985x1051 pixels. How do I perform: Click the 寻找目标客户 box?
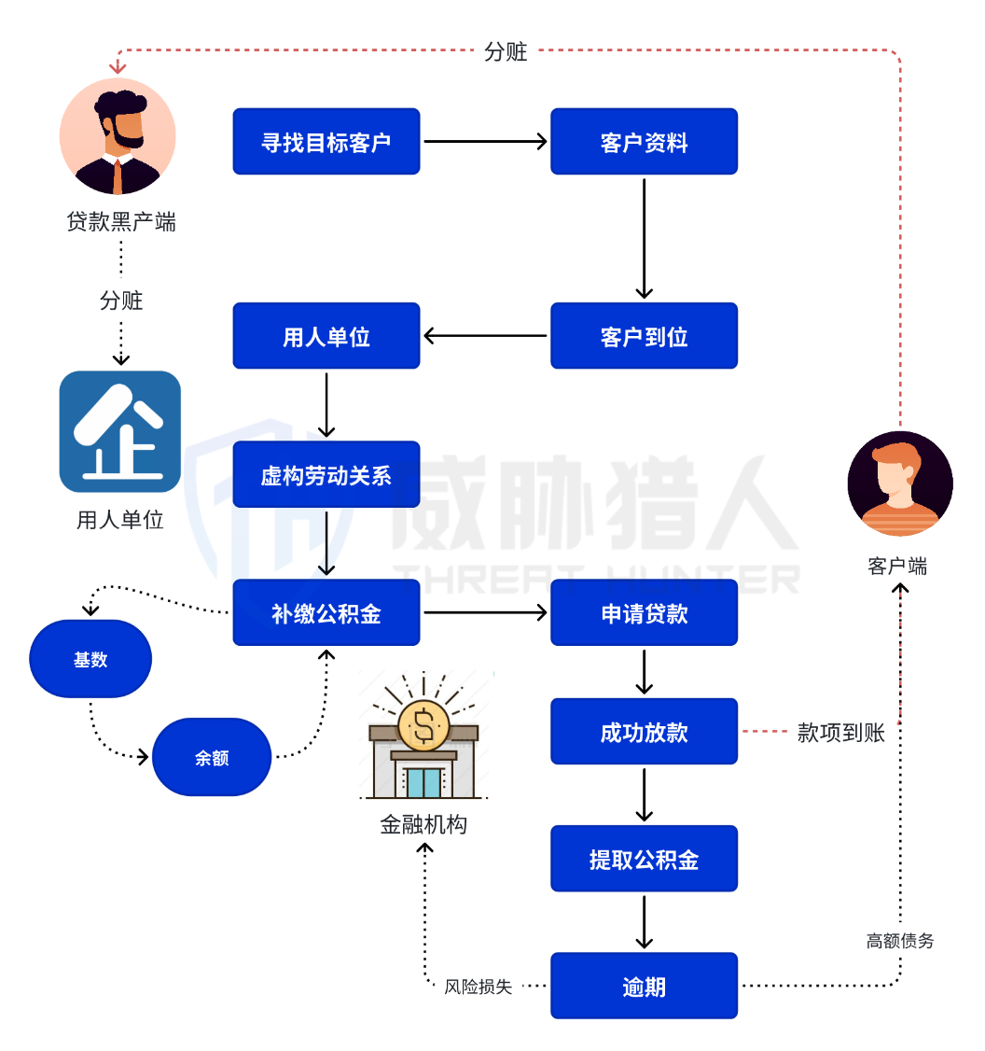click(x=326, y=142)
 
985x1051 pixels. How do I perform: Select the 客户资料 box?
click(x=644, y=142)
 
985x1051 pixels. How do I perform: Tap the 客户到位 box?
click(x=644, y=336)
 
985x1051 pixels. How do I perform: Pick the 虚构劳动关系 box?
click(x=326, y=475)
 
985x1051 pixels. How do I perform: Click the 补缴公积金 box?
click(x=326, y=613)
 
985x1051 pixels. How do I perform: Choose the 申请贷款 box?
click(x=644, y=613)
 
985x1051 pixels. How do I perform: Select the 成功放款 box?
click(x=644, y=732)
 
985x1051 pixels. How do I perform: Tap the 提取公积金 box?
click(x=644, y=859)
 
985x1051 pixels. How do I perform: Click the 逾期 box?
click(x=644, y=986)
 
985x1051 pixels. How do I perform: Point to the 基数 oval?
click(x=90, y=659)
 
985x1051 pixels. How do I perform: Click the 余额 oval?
click(x=212, y=757)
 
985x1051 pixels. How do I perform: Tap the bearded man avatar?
click(x=118, y=136)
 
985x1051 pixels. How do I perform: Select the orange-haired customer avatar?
click(x=900, y=483)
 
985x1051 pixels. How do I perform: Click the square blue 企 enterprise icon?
click(x=119, y=431)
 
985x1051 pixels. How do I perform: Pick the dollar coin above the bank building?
click(x=423, y=724)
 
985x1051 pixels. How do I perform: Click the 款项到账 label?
click(x=840, y=733)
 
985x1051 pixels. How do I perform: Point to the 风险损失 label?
click(x=479, y=987)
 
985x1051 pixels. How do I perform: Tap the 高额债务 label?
click(x=899, y=941)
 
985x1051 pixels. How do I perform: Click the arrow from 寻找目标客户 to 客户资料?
click(x=485, y=142)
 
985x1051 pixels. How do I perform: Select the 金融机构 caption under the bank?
click(x=423, y=825)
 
